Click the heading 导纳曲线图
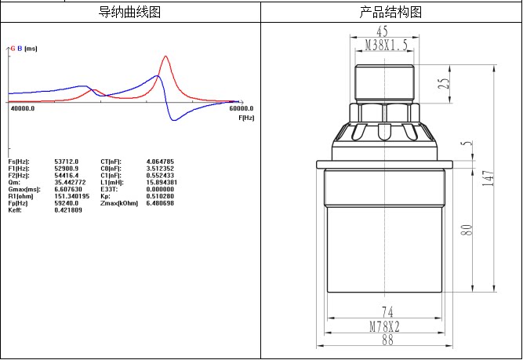click(130, 13)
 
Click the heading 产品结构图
click(390, 13)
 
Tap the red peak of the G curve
click(165, 56)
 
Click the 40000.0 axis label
click(22, 109)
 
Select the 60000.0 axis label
click(241, 109)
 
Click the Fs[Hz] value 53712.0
click(67, 161)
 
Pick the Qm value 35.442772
click(71, 182)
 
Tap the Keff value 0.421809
click(68, 210)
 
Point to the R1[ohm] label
click(20, 196)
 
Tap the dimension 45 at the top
click(382, 32)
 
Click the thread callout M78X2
click(386, 326)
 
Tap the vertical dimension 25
click(444, 83)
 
